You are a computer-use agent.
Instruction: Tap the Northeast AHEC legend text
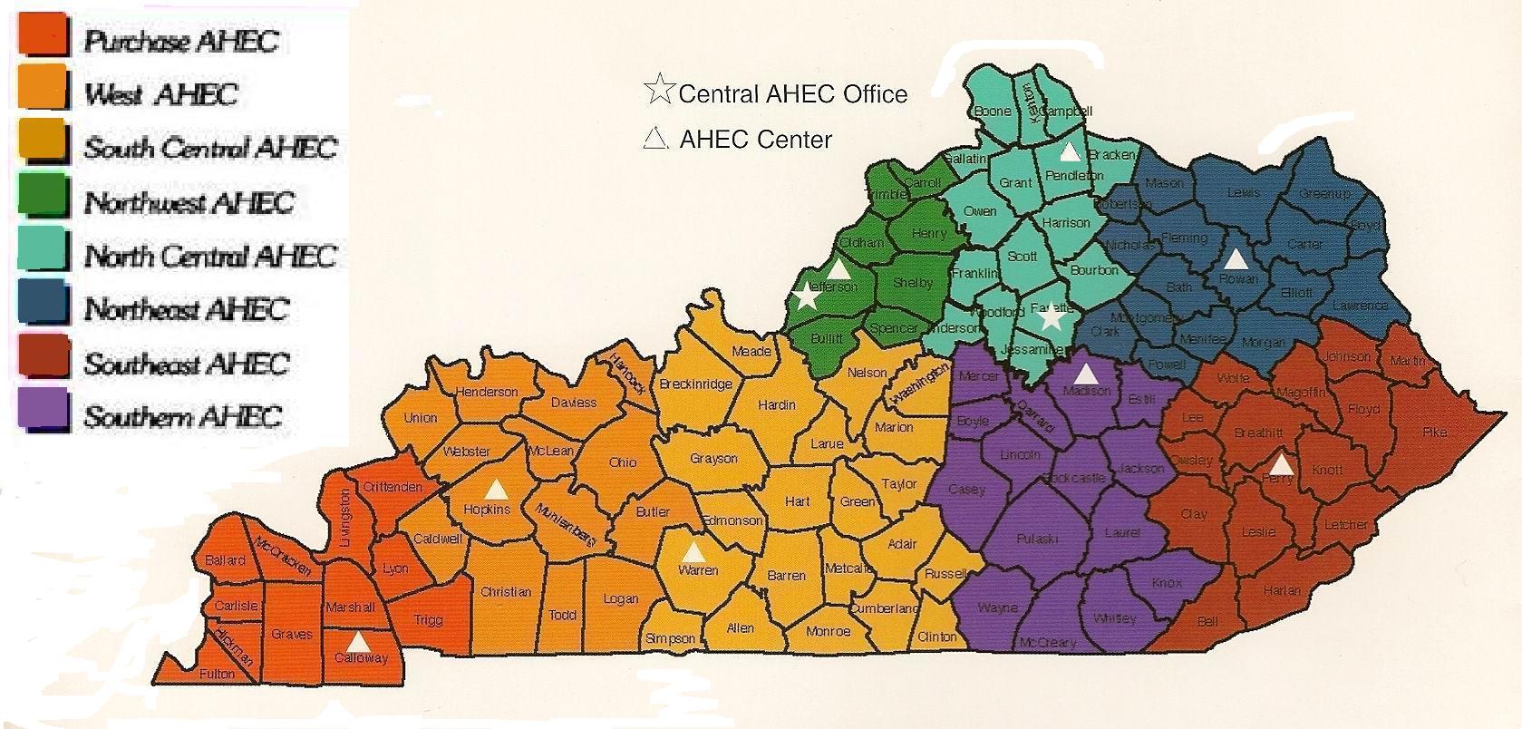click(186, 309)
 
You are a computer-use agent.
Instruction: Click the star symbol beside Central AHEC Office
click(659, 91)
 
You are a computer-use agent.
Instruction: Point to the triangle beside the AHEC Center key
click(654, 139)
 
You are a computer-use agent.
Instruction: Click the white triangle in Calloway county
click(359, 642)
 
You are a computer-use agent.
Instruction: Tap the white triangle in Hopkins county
click(496, 490)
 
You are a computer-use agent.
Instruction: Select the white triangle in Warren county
click(693, 551)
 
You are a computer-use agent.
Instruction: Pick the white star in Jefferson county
click(805, 296)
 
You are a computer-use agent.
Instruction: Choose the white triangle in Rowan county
click(1236, 258)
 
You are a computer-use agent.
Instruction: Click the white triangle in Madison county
click(1085, 373)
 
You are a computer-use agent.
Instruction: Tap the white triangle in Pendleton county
click(1071, 151)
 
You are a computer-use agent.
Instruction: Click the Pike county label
click(1434, 433)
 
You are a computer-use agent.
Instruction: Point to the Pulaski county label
click(1037, 539)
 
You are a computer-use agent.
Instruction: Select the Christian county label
click(506, 592)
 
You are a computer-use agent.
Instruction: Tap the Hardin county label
click(776, 404)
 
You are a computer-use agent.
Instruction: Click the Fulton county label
click(216, 674)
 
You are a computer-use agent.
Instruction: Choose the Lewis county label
click(1243, 192)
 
